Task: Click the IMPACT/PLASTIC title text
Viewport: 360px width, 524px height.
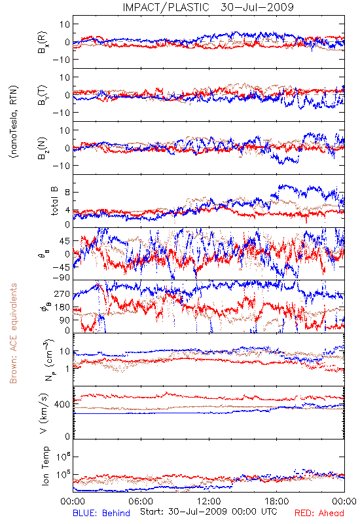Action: click(166, 7)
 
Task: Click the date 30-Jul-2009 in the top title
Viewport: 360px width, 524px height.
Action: click(257, 7)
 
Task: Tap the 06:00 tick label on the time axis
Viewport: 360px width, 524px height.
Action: click(141, 501)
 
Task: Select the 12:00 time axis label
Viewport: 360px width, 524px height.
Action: click(209, 501)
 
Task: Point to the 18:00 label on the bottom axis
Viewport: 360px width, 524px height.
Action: click(277, 501)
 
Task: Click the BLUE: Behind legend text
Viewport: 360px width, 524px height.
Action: click(101, 514)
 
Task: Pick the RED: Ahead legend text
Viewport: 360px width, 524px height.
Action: click(319, 514)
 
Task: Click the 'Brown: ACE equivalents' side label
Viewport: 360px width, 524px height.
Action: click(13, 333)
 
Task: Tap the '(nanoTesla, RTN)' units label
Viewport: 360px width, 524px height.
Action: click(14, 122)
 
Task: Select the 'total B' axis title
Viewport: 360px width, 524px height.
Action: click(54, 201)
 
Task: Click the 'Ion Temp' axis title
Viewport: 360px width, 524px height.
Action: click(45, 466)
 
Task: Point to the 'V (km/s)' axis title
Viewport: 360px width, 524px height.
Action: click(44, 413)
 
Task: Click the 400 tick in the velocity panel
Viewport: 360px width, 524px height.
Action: click(62, 404)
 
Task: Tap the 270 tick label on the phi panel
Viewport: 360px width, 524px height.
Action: click(62, 294)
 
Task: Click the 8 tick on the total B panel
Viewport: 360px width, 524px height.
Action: click(67, 193)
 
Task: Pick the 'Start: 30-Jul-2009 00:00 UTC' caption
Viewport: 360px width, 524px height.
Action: click(209, 512)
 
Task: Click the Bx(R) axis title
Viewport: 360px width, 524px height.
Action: click(43, 43)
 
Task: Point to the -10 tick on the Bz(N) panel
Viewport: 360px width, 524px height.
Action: click(61, 166)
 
